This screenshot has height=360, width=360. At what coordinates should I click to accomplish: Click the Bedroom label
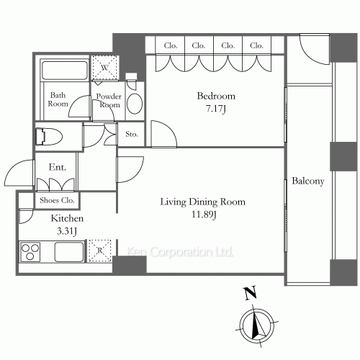[216, 96]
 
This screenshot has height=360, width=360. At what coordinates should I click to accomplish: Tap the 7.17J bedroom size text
[216, 109]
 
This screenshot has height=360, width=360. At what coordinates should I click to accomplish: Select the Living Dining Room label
[203, 202]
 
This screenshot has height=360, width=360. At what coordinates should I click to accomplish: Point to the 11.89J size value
[203, 215]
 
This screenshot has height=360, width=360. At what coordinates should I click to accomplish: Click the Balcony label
[307, 181]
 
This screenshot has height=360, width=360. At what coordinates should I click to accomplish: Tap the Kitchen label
[68, 218]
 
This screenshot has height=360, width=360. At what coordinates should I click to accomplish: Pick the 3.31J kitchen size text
[68, 231]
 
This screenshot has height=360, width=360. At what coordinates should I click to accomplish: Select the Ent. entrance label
[58, 168]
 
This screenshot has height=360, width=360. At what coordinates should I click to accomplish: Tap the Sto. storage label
[132, 134]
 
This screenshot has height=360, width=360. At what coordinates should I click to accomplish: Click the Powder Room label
[109, 100]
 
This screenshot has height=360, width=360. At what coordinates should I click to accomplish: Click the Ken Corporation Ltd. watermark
[180, 253]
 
